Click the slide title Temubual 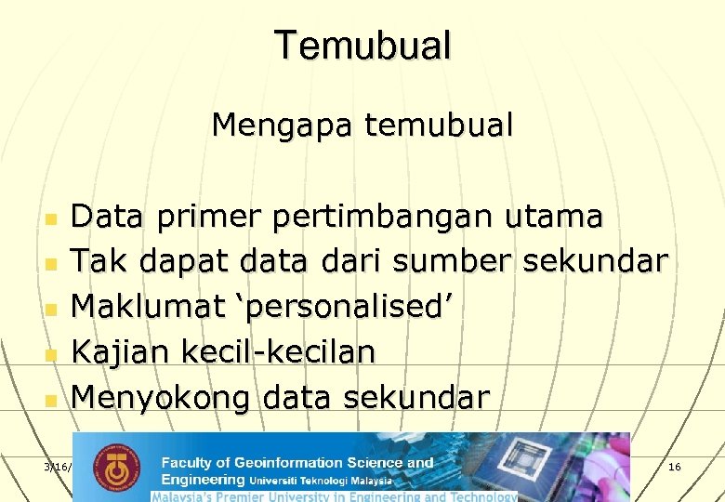click(362, 45)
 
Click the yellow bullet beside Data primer click(51, 219)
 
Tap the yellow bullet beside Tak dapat click(51, 265)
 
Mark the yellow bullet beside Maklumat click(51, 310)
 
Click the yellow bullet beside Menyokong click(51, 401)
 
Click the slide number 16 click(674, 465)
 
